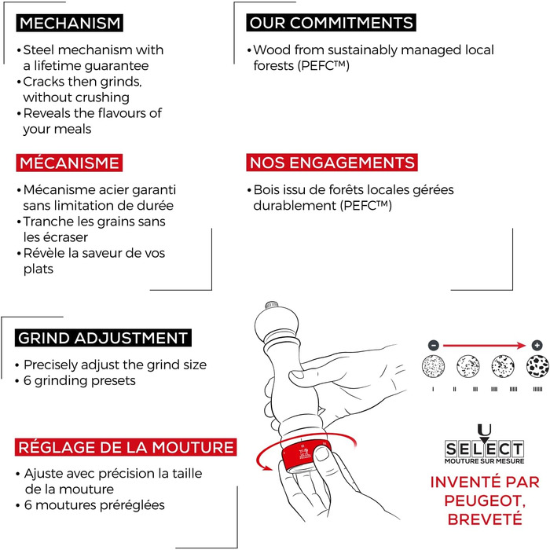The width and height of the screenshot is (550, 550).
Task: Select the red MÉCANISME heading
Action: click(x=68, y=163)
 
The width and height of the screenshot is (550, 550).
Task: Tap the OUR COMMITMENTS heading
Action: click(x=330, y=23)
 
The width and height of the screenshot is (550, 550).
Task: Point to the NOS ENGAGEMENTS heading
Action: click(x=332, y=163)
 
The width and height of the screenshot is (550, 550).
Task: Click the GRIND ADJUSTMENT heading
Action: click(x=102, y=339)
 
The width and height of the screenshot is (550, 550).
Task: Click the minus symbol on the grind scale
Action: click(x=433, y=345)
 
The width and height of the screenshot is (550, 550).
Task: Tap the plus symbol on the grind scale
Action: click(x=537, y=345)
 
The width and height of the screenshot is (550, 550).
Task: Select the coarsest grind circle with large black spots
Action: click(x=537, y=368)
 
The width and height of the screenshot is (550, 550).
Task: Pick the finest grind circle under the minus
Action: click(x=433, y=368)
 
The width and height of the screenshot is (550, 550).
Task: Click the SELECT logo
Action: click(x=484, y=449)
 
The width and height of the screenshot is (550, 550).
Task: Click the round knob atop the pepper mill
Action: click(x=273, y=306)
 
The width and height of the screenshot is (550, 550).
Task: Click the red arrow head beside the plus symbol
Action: click(x=524, y=345)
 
